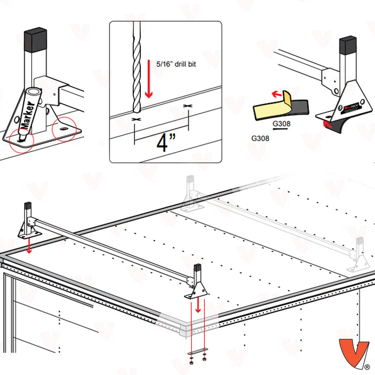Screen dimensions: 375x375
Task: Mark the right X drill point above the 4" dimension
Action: (188, 108)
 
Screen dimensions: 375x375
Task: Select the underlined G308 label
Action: (281, 124)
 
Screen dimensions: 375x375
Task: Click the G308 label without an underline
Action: (260, 137)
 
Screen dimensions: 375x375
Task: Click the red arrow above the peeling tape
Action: (277, 94)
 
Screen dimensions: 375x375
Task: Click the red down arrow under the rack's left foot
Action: (28, 248)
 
